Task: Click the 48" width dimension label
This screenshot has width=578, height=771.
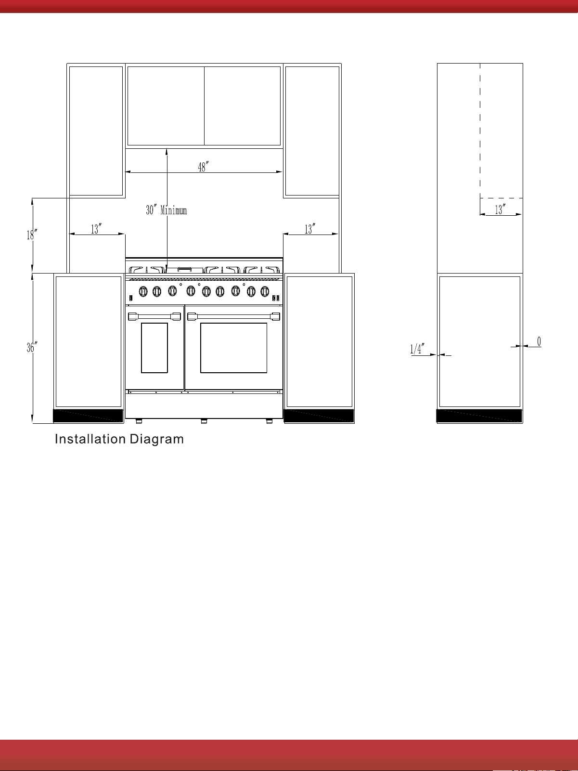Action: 203,167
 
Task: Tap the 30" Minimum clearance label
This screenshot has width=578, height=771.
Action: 167,210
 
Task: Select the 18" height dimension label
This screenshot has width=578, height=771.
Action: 32,235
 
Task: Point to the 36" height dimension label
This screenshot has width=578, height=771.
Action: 32,347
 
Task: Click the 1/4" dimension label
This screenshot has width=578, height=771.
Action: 417,349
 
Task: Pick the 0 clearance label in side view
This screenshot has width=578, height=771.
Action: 539,341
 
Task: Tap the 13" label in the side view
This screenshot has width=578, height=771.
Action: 500,209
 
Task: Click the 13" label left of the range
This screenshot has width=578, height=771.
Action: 96,229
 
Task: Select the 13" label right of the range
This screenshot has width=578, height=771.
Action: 309,229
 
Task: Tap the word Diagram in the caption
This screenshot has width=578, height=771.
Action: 156,440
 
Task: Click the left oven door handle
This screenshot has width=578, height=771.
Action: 154,316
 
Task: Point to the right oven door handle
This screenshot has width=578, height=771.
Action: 234,317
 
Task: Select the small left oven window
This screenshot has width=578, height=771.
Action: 154,348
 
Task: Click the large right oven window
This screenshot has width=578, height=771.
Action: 234,348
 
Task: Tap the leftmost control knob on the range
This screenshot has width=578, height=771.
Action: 143,291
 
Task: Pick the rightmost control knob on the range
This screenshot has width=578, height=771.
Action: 265,291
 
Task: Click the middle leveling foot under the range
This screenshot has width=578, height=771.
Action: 204,421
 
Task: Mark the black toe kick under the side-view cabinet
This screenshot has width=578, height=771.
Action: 479,416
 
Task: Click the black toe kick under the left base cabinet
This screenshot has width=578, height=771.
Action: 88,416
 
